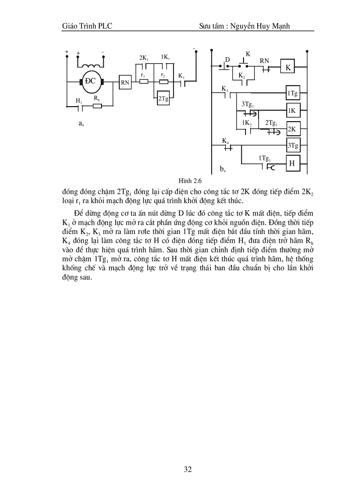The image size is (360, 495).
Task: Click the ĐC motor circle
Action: [91, 82]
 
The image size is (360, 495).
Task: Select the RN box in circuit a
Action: [125, 82]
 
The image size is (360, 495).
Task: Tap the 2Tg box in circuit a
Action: [163, 99]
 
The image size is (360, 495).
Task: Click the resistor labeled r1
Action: [143, 82]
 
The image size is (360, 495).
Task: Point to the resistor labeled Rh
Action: [97, 106]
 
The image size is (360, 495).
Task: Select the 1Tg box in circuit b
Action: [292, 93]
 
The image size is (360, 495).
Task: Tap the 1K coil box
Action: [292, 111]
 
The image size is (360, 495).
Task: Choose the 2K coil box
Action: [292, 129]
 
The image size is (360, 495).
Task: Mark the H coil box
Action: [292, 163]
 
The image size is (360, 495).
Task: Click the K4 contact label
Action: [225, 141]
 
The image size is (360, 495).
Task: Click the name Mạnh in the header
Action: [280, 26]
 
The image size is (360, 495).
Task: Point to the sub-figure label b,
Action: [222, 168]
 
